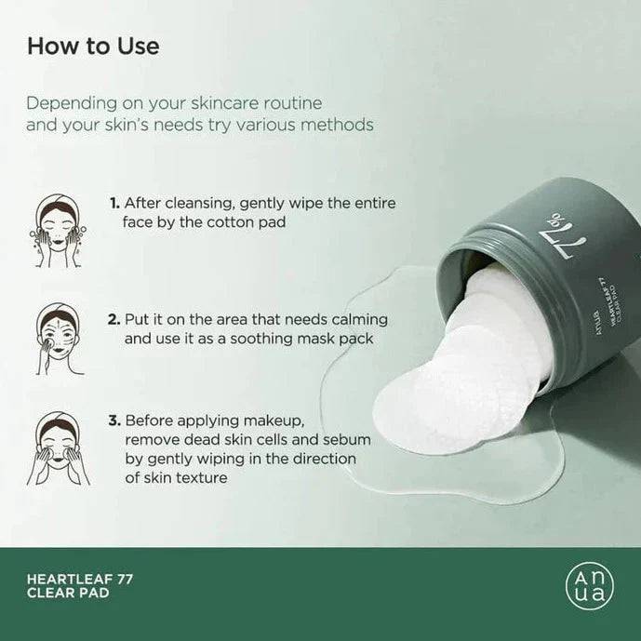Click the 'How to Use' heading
point(93,46)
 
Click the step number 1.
point(114,203)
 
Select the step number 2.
point(114,319)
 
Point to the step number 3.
point(114,421)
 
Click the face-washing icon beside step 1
point(58,231)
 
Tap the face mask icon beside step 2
point(60,339)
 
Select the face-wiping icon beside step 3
point(59,448)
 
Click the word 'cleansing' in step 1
point(199,203)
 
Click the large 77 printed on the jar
point(570,243)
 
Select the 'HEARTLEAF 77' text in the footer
point(80,580)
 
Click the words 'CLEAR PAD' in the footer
point(68,594)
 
